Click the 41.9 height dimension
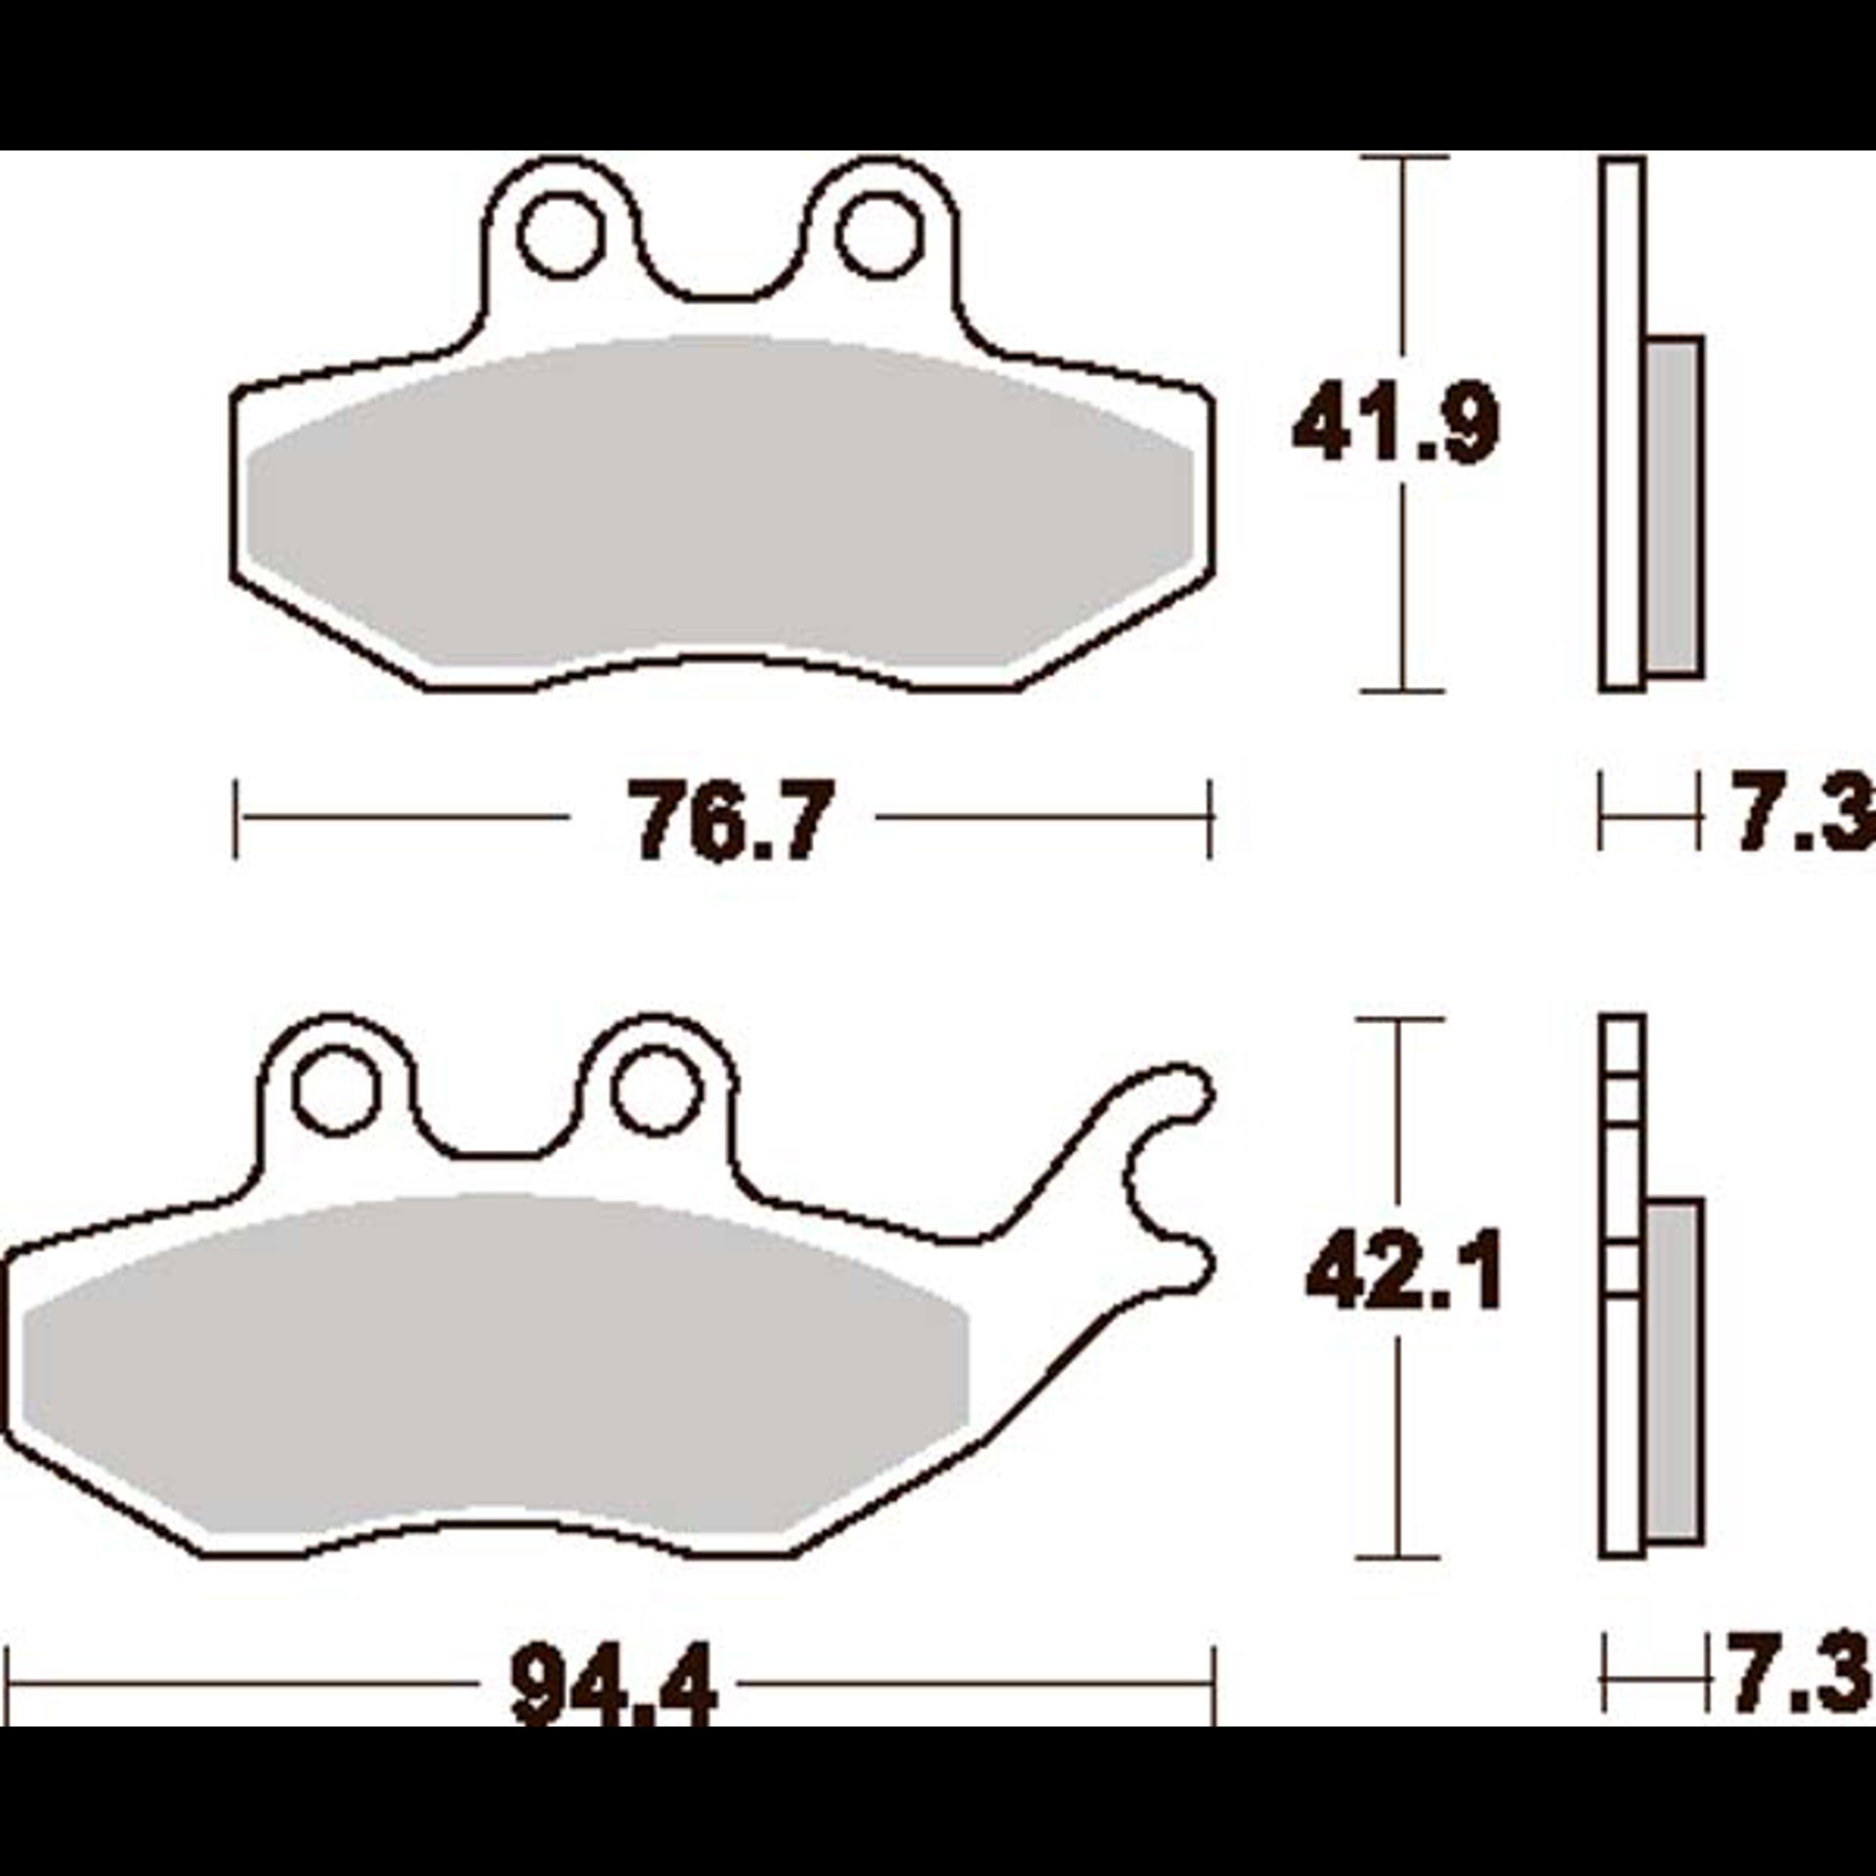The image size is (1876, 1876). tap(1395, 426)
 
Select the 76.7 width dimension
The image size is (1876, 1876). tap(731, 819)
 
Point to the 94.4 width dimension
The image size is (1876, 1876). tap(614, 1686)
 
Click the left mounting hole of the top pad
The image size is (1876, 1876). tap(559, 235)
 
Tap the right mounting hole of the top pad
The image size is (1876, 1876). tap(879, 235)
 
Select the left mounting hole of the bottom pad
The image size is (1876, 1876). tap(335, 1091)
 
